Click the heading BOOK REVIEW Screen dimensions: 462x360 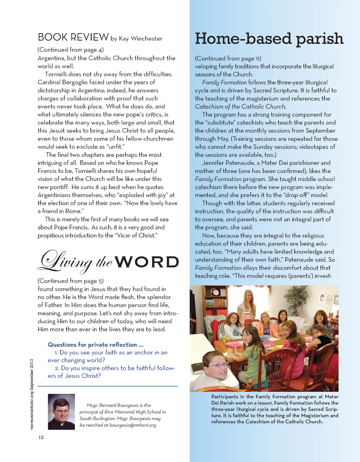(73, 37)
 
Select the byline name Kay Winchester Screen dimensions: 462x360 (141, 39)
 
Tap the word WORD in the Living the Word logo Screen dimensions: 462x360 (147, 262)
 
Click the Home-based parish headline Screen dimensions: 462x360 (269, 39)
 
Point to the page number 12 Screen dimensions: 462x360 (41, 437)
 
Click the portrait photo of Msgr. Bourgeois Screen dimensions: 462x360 (61, 412)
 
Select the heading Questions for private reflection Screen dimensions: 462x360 (95, 345)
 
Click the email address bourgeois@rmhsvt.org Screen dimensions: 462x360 (133, 425)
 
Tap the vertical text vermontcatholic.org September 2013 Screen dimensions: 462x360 (32, 394)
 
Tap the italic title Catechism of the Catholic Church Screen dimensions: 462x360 (240, 107)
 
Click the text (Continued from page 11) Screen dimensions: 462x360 (228, 58)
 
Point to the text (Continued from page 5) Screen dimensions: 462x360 (71, 281)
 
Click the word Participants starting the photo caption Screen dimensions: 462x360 (224, 397)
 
